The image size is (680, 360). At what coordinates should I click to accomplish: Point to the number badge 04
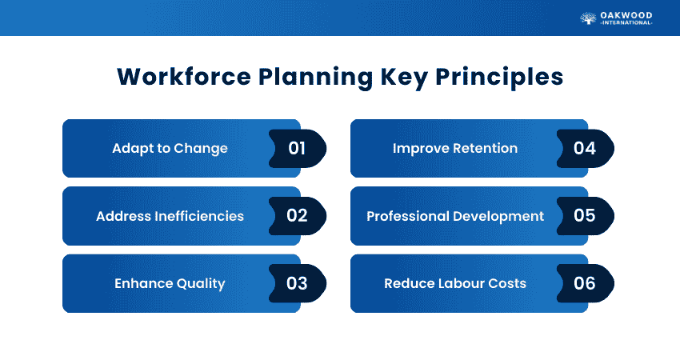(x=586, y=148)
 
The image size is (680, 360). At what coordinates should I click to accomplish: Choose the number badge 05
(x=586, y=216)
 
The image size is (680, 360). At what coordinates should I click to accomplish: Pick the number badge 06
(x=586, y=283)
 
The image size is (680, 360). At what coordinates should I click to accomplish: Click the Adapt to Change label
(x=170, y=148)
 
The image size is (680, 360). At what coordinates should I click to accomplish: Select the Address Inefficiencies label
(x=170, y=216)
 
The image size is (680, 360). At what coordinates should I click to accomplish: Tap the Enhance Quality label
(x=169, y=283)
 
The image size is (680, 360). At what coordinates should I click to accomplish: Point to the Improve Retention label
(x=454, y=148)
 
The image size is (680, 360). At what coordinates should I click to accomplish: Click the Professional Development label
(x=455, y=216)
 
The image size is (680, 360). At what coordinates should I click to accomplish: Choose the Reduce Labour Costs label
(x=455, y=283)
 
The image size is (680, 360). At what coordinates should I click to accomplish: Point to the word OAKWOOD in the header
(x=626, y=14)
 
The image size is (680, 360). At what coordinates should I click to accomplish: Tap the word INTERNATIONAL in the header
(x=626, y=23)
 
